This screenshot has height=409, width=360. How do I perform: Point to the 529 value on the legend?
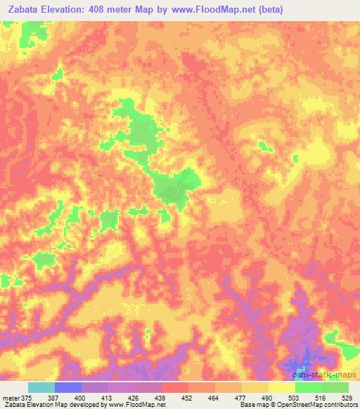pyautogui.click(x=349, y=398)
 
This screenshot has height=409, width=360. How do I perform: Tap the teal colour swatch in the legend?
pyautogui.click(x=41, y=387)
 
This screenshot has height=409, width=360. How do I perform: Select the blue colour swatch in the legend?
pyautogui.click(x=67, y=387)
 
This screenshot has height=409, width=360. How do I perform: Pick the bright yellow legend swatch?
pyautogui.click(x=281, y=387)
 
